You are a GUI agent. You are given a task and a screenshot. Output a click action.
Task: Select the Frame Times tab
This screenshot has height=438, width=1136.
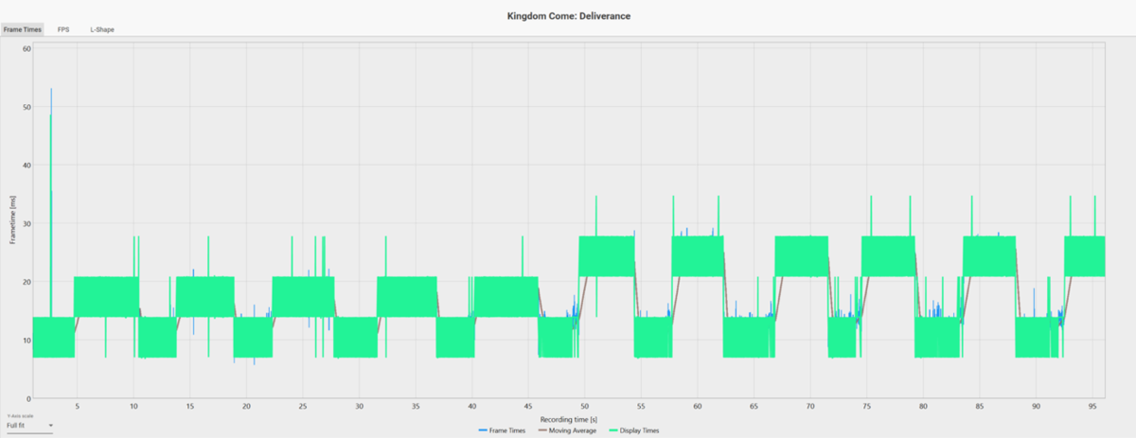click(23, 29)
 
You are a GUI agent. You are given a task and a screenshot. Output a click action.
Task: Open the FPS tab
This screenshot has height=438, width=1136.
click(63, 29)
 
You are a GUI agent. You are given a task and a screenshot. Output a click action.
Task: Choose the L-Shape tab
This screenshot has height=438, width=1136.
click(102, 29)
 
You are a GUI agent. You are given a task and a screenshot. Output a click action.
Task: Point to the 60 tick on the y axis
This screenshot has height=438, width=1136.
click(27, 48)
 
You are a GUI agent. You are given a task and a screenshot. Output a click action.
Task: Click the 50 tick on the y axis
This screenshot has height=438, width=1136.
click(27, 107)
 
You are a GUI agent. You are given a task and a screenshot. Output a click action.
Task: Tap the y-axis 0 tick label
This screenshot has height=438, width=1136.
click(28, 398)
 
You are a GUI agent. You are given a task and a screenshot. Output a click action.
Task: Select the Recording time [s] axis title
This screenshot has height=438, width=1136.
click(568, 418)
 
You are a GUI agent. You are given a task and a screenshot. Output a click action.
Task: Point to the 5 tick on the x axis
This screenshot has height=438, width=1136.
click(78, 407)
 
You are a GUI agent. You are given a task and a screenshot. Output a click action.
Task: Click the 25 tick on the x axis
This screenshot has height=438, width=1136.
click(303, 407)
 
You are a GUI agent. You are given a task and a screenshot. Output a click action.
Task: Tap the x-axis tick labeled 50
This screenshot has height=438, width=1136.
click(585, 407)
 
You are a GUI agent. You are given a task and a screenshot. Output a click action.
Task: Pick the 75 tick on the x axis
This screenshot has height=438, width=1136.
click(866, 407)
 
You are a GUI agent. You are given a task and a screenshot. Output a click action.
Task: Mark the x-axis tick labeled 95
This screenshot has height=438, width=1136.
click(1092, 407)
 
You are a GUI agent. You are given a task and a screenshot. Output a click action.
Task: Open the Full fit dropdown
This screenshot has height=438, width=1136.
click(28, 426)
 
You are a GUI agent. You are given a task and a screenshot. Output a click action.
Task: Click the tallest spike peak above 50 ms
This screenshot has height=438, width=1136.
click(51, 89)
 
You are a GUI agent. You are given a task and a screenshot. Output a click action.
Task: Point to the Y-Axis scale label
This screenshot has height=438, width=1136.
click(19, 416)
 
